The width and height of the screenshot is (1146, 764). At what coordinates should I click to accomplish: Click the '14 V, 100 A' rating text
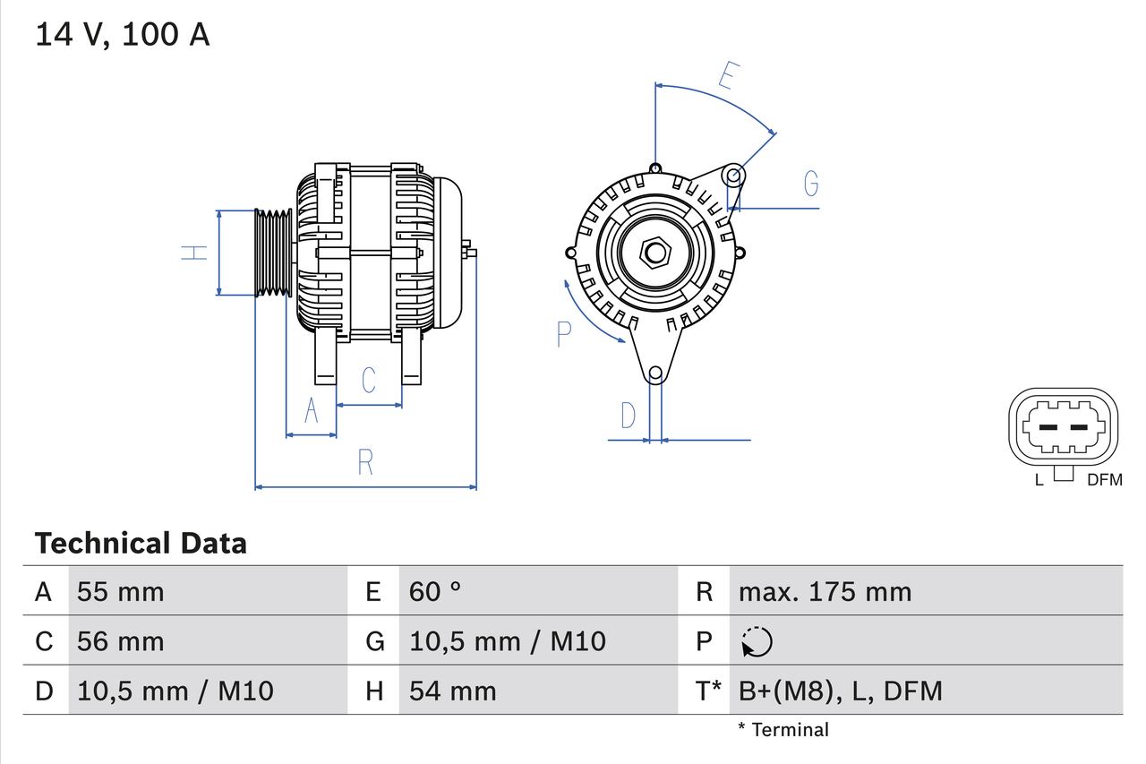point(123,35)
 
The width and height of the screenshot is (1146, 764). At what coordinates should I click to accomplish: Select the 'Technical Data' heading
point(140,543)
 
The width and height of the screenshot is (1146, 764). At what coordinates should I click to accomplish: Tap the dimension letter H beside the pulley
point(193,253)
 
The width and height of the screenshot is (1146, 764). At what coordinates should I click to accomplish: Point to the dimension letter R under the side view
point(364,462)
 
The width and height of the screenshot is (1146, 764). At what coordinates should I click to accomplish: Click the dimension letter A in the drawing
point(311,410)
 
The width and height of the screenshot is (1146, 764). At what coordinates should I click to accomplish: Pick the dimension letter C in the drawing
point(369,380)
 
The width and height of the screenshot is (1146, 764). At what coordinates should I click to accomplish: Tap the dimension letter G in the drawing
point(810,183)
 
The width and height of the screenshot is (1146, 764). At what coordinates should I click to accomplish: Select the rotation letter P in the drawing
point(563,334)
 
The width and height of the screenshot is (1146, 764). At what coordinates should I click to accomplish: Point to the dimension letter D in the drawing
point(629,416)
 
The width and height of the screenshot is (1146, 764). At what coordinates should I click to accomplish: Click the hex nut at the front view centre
point(655,253)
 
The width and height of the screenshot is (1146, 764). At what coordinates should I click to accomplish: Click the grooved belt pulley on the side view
point(274,253)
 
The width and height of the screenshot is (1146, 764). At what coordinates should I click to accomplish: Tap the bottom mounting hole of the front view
point(655,373)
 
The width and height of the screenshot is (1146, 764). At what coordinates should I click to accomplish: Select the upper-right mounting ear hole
point(733,174)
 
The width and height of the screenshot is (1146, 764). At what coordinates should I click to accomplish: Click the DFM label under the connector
point(1103,480)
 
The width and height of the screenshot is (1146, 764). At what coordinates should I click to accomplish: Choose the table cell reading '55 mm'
point(121,591)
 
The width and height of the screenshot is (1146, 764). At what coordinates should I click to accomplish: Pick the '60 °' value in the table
point(435,591)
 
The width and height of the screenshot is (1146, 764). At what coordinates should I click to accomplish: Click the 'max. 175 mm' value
point(825,591)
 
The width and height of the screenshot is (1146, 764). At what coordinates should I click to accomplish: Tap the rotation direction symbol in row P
point(757,641)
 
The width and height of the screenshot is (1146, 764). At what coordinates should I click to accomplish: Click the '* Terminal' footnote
point(783,729)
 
